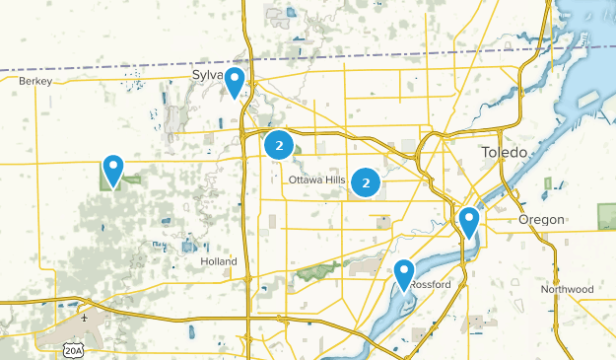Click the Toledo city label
coord(505,153)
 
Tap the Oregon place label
coord(542,219)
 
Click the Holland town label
coord(218,261)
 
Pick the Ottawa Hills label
coord(316,180)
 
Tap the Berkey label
coord(34,82)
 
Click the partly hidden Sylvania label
coord(208,75)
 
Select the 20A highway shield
coord(72,348)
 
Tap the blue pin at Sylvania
coord(235,82)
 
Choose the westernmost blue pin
coord(114,170)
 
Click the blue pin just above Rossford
coord(404,273)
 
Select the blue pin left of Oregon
coord(469,221)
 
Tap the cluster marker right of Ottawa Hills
coord(367,182)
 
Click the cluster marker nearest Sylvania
coord(280,147)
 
